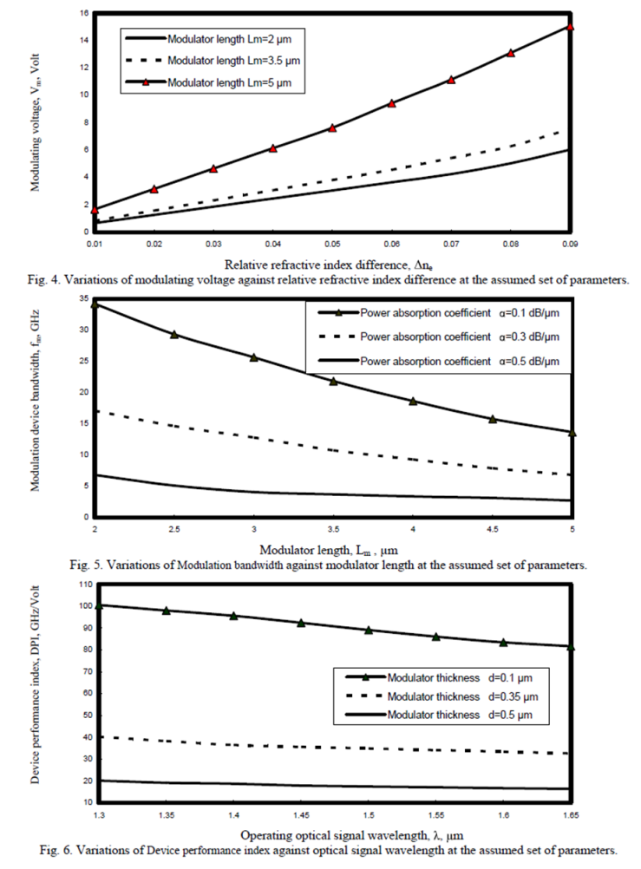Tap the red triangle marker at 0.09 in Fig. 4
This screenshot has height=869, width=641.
pos(570,28)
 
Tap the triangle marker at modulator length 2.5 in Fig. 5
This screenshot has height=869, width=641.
pos(174,335)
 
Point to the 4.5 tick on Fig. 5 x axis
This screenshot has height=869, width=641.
pos(492,529)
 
